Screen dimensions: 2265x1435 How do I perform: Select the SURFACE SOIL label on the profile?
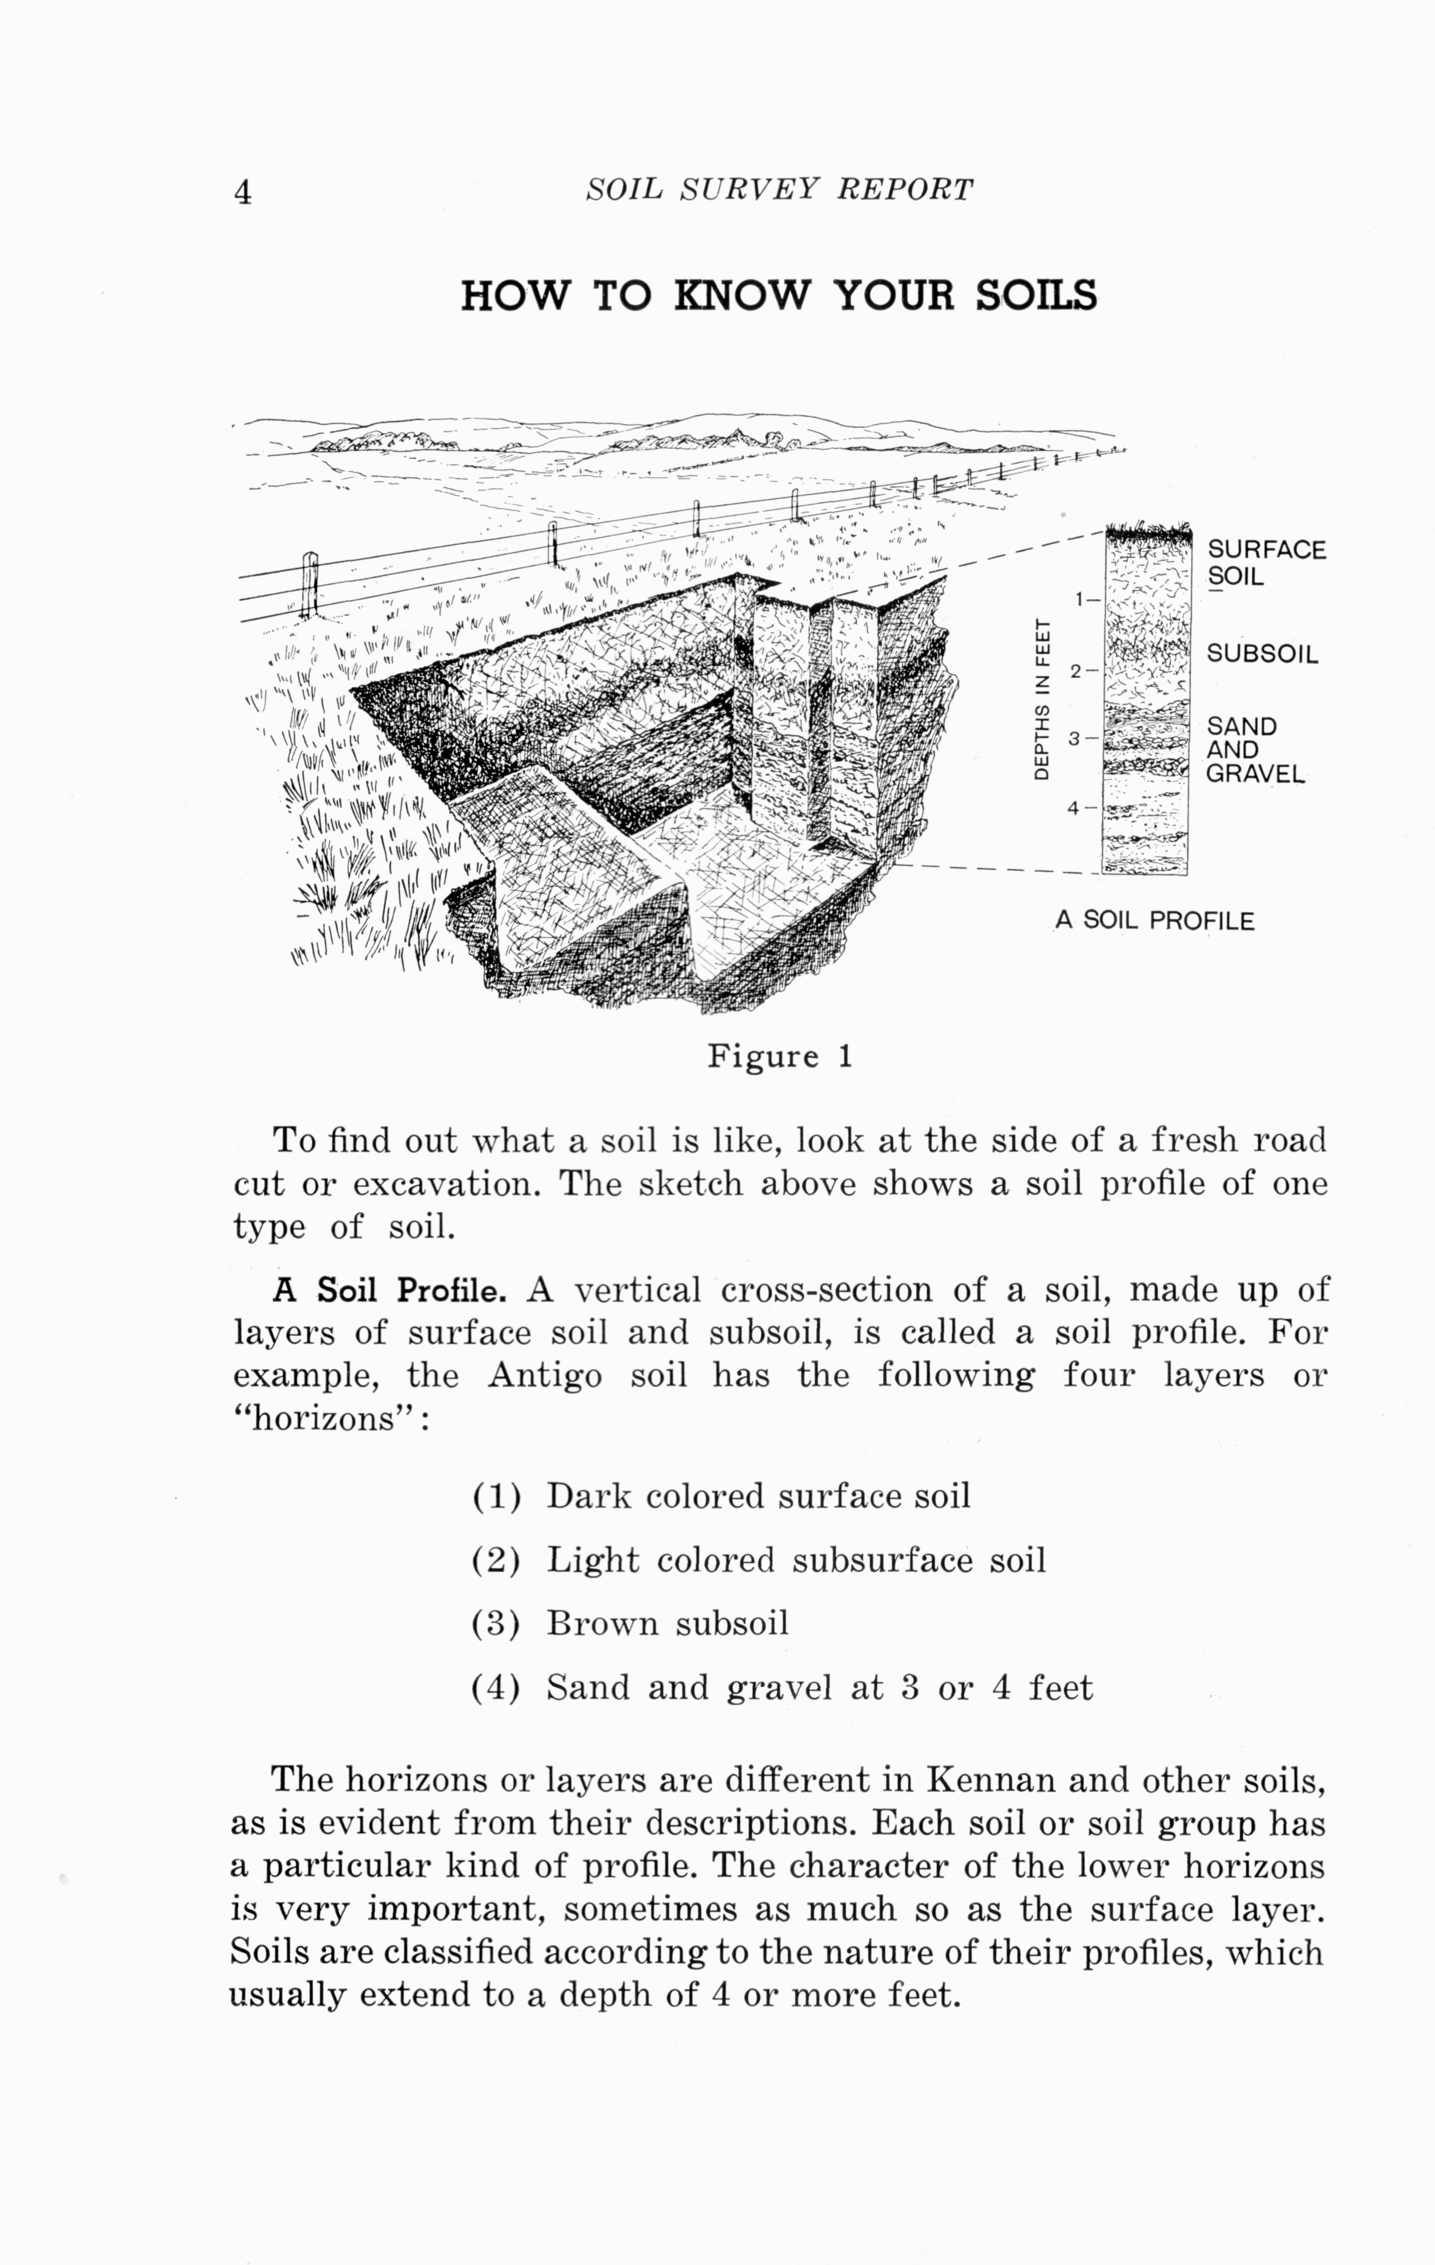(x=1266, y=562)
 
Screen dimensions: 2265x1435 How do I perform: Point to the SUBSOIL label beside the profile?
(x=1262, y=654)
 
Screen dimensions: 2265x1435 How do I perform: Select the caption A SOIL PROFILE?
(x=1154, y=920)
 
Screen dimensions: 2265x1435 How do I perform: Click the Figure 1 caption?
(x=780, y=1056)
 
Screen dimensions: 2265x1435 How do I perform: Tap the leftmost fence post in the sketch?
(x=310, y=585)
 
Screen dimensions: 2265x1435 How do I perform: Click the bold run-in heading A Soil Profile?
(x=389, y=1289)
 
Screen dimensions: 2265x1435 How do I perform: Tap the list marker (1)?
(x=495, y=1496)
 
